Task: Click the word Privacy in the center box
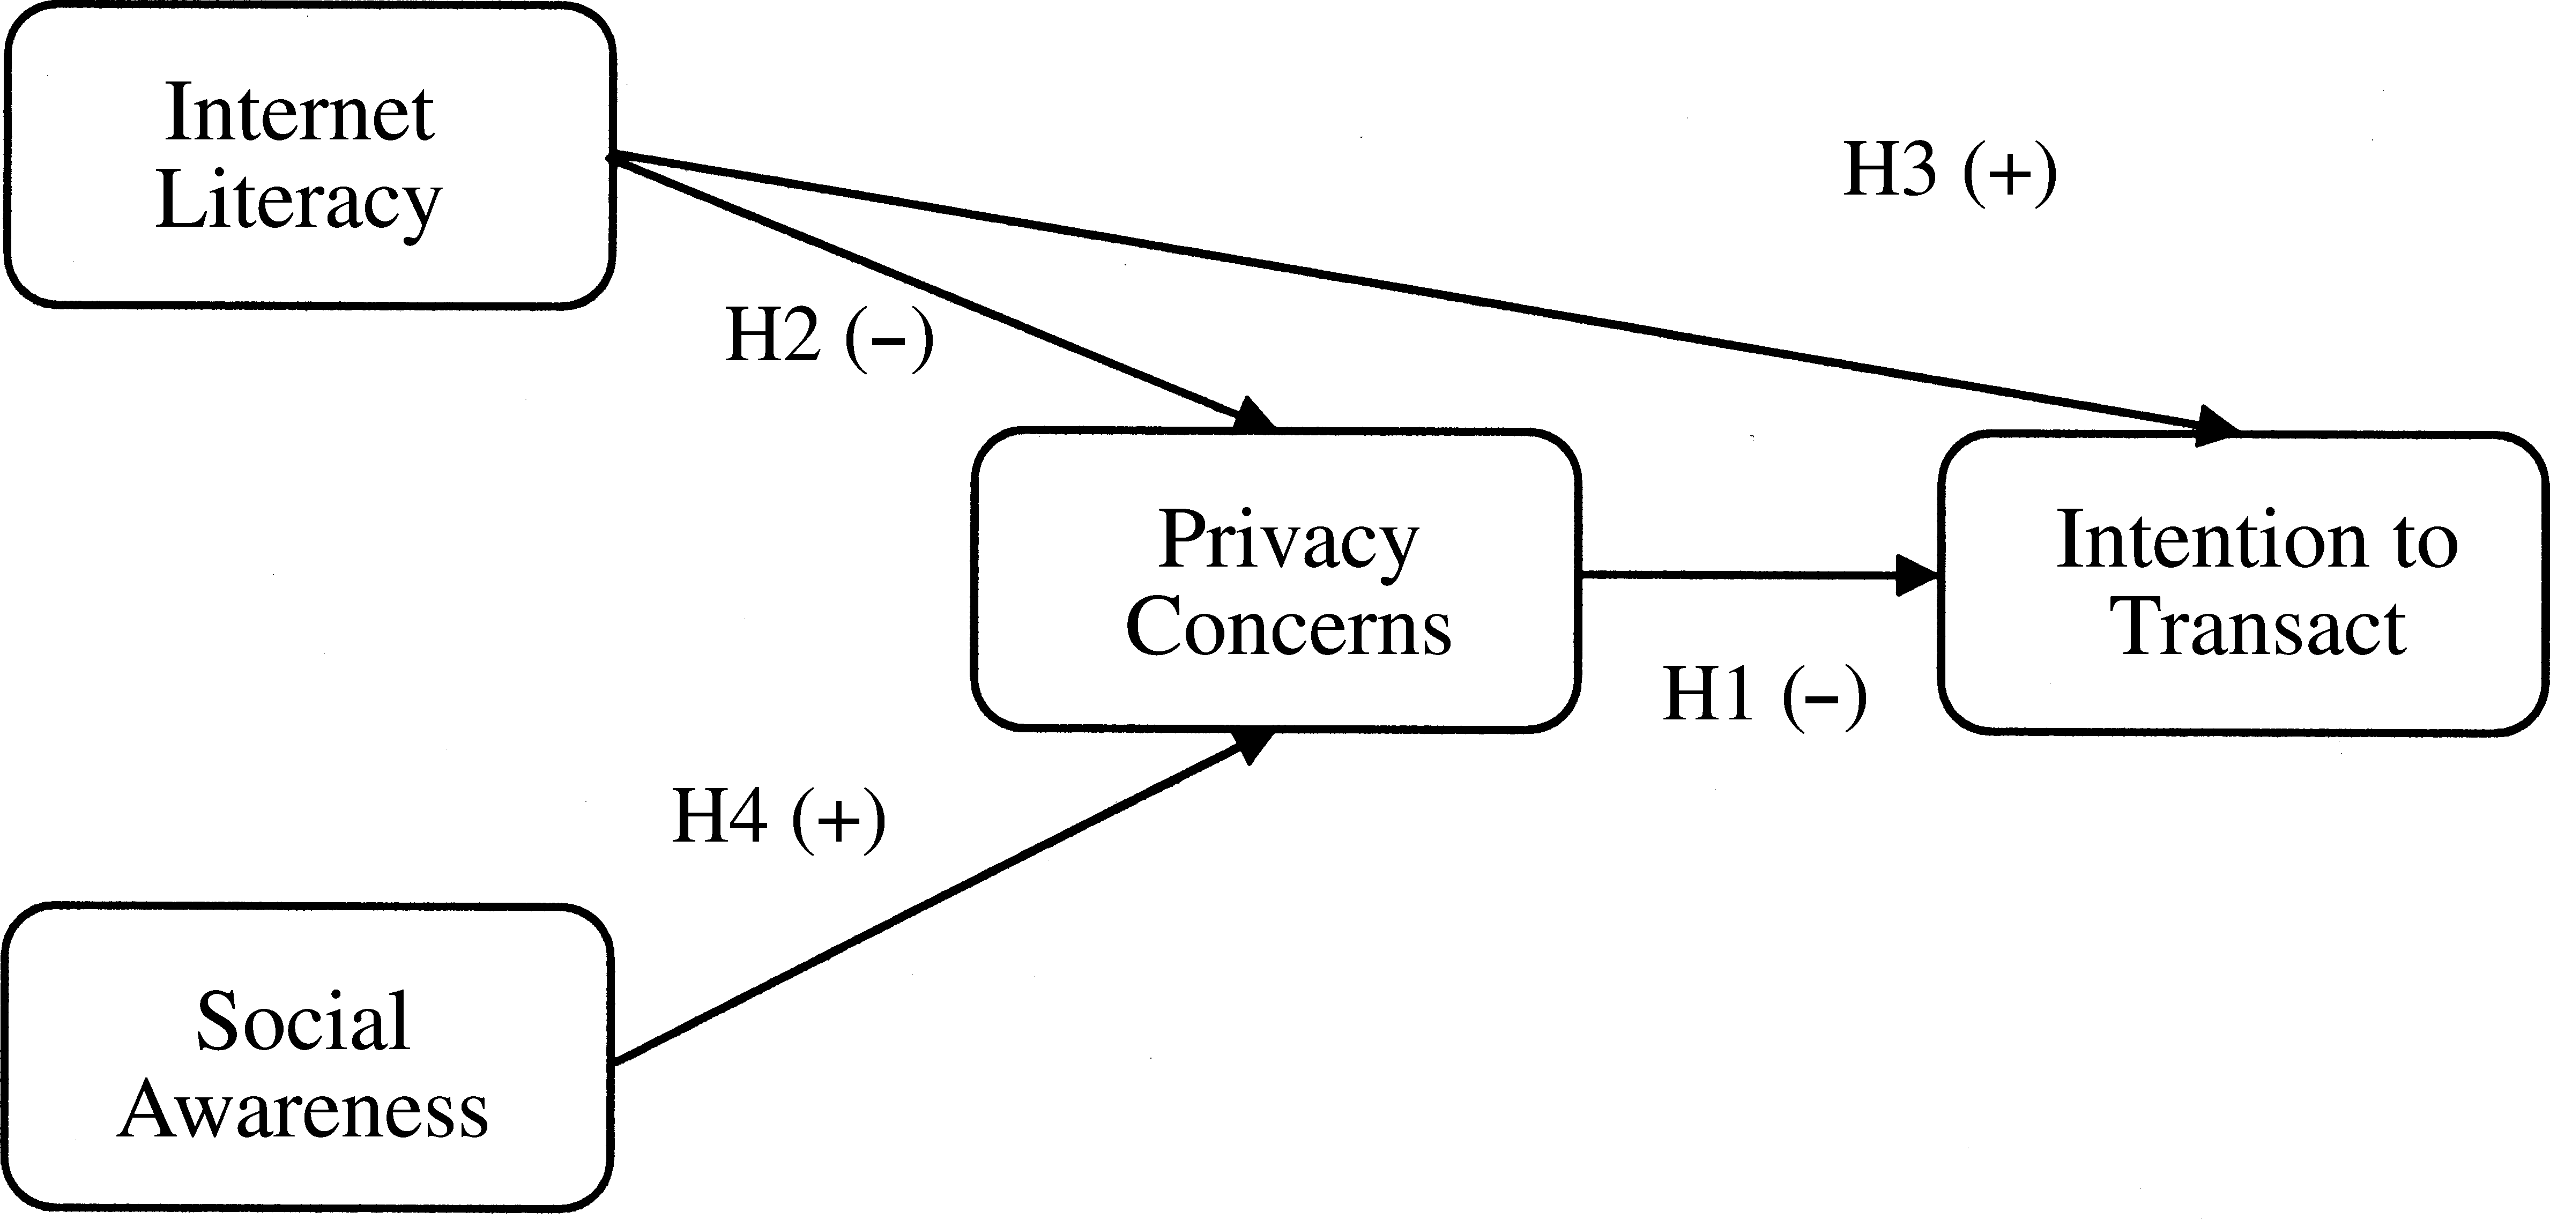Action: click(x=1288, y=541)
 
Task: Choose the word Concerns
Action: click(x=1288, y=628)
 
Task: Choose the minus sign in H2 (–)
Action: click(x=889, y=340)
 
